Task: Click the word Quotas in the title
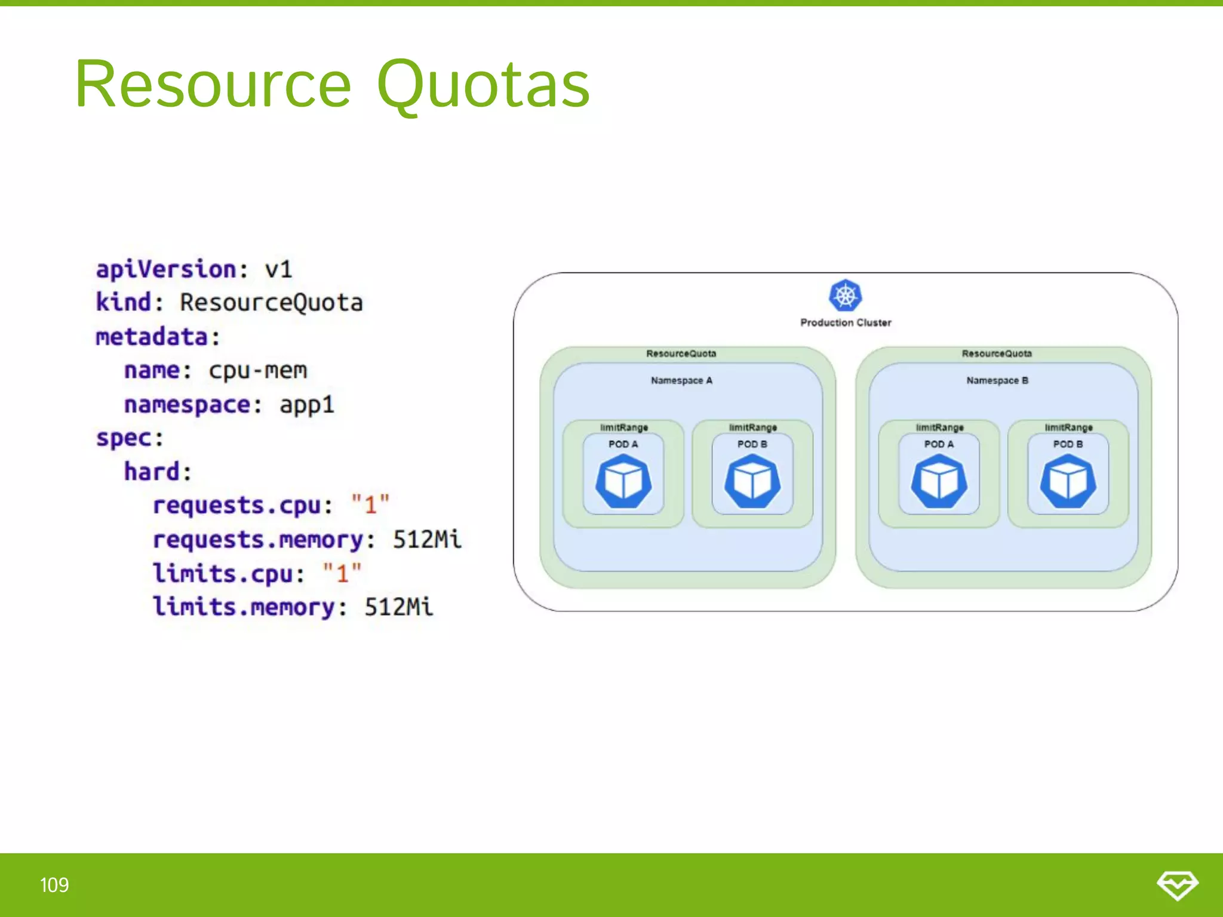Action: click(x=484, y=85)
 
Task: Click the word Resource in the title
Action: click(x=213, y=85)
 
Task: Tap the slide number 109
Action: click(x=54, y=885)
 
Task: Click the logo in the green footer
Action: click(x=1177, y=885)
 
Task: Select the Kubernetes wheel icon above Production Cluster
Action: click(x=845, y=295)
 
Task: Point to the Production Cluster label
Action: click(x=846, y=322)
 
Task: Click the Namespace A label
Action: click(x=681, y=380)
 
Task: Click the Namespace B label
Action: click(x=997, y=380)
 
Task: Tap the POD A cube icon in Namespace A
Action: click(x=623, y=481)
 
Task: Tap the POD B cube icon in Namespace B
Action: click(x=1068, y=481)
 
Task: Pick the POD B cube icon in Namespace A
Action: click(x=752, y=481)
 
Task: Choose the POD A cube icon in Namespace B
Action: click(x=939, y=481)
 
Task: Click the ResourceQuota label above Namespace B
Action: click(x=997, y=353)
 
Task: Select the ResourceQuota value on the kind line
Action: click(x=272, y=303)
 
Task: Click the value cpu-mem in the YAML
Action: click(x=258, y=371)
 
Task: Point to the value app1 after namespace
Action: click(x=307, y=405)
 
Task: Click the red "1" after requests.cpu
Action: click(x=370, y=505)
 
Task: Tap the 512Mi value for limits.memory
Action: click(x=399, y=607)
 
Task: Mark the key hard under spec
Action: click(x=152, y=472)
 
